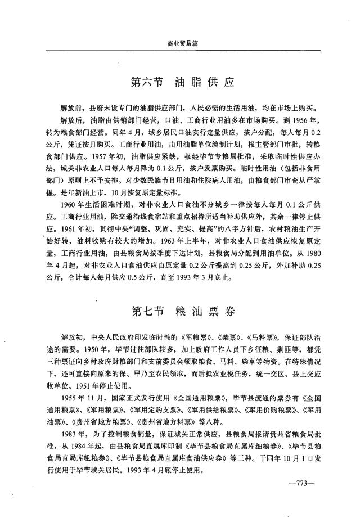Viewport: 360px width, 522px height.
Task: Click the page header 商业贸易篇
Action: [x=184, y=43]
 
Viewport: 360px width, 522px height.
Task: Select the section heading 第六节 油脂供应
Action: [x=182, y=82]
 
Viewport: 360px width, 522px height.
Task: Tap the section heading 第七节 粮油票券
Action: [x=182, y=310]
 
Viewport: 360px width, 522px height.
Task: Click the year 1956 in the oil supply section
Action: [x=296, y=119]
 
